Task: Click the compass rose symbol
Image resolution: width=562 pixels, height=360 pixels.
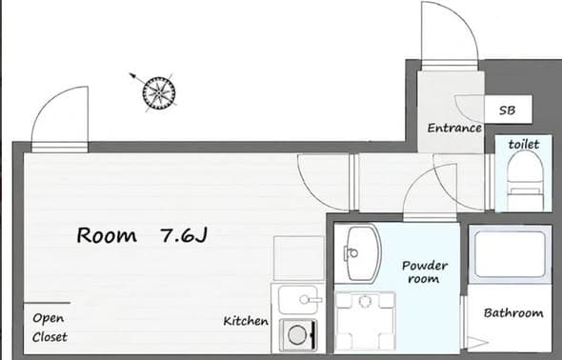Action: (159, 92)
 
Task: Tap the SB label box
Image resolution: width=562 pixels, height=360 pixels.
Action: (508, 110)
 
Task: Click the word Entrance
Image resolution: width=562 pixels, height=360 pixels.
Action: (454, 128)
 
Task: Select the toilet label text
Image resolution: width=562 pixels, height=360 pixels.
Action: (524, 145)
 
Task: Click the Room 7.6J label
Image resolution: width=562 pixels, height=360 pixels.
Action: (142, 235)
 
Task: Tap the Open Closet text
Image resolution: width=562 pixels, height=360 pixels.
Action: (50, 328)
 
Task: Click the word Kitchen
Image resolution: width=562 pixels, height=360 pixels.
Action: (246, 321)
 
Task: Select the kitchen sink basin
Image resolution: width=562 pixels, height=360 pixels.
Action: (298, 299)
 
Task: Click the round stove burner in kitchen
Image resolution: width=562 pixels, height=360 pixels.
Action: (297, 335)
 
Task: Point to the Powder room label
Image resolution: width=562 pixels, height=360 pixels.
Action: (425, 271)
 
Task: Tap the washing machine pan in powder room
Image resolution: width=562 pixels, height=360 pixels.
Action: (365, 321)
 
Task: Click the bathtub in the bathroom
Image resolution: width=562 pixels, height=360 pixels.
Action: (510, 254)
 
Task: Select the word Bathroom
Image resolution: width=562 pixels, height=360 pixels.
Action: (513, 313)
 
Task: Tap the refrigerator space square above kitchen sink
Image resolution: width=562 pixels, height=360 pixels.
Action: (298, 258)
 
